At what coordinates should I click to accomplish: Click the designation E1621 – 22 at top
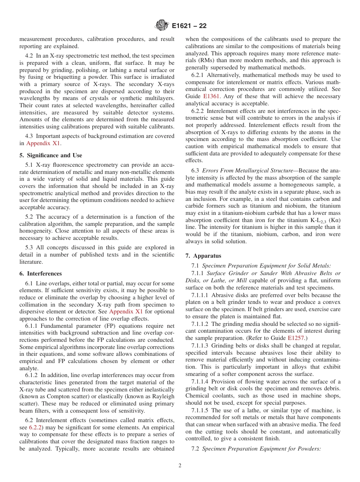189,26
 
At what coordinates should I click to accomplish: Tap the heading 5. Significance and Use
50,155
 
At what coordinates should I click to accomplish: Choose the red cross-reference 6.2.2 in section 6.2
36,427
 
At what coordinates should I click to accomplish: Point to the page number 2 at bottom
180,466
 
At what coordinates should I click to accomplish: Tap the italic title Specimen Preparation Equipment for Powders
261,449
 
